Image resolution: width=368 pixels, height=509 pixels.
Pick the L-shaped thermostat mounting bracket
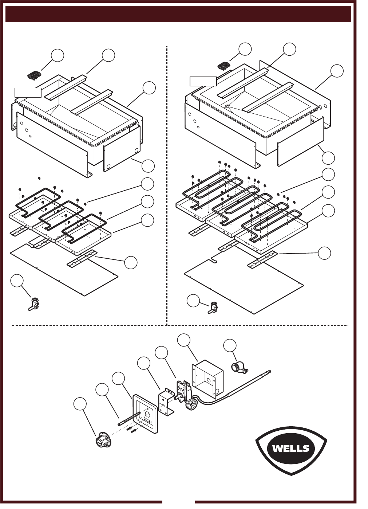[x=166, y=401]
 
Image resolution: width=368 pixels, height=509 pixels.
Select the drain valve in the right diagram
[x=213, y=308]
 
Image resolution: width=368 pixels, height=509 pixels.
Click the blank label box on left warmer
[x=28, y=93]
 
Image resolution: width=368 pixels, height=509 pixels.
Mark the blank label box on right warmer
[x=203, y=81]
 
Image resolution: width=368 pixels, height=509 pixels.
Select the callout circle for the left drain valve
[x=17, y=281]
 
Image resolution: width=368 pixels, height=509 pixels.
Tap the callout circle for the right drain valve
[x=193, y=301]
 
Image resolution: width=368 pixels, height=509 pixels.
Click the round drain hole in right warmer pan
[x=228, y=106]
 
